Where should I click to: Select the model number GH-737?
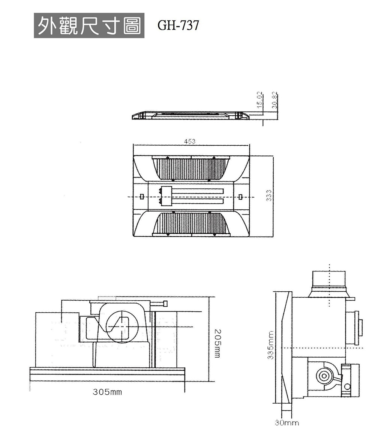[178, 26]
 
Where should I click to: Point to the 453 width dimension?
[190, 141]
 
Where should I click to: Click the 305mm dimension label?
[107, 392]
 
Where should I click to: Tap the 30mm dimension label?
[287, 423]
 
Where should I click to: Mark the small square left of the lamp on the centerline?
[142, 196]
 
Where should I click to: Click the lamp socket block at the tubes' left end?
[166, 196]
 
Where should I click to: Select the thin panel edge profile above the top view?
[190, 115]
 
